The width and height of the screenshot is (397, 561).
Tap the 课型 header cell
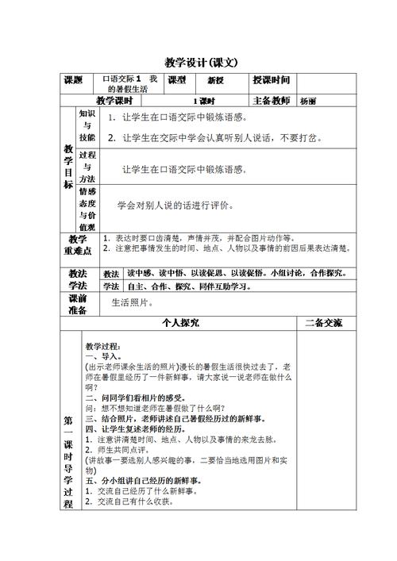point(176,80)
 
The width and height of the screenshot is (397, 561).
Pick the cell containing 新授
point(217,80)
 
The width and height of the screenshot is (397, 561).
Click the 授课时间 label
point(271,80)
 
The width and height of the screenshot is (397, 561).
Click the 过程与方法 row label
point(87,167)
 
